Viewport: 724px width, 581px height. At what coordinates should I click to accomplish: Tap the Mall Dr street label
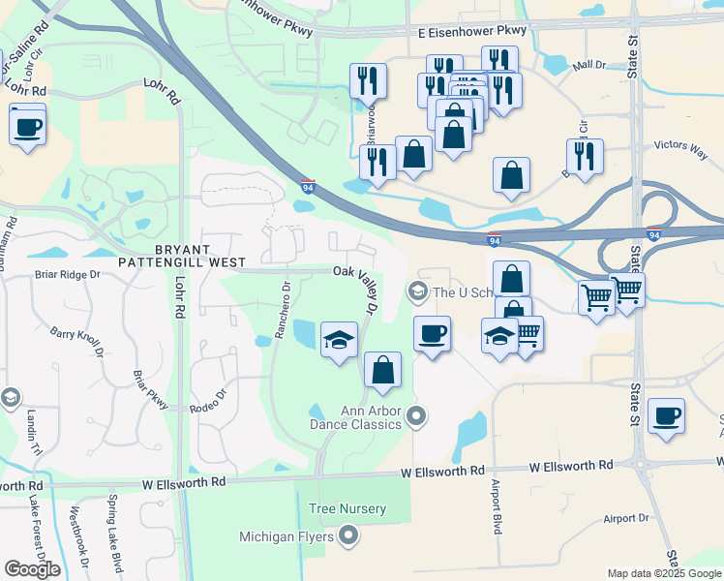[x=588, y=65]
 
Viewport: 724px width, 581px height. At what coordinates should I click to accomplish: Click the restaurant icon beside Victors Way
[x=585, y=157]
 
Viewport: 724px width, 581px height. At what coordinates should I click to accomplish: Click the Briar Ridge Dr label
[x=68, y=274]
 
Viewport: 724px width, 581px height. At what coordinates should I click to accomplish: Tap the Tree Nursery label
[x=347, y=508]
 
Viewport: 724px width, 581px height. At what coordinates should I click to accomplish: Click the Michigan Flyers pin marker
[x=349, y=535]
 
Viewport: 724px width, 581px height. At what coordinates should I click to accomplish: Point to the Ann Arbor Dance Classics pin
[x=417, y=417]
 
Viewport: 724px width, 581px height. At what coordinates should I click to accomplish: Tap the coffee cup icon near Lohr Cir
[x=27, y=126]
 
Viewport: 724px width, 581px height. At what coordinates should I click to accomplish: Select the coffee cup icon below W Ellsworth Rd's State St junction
[x=667, y=417]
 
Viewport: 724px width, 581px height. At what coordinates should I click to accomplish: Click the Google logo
[x=32, y=569]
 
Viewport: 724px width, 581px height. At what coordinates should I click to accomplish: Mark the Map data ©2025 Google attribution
[x=664, y=573]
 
